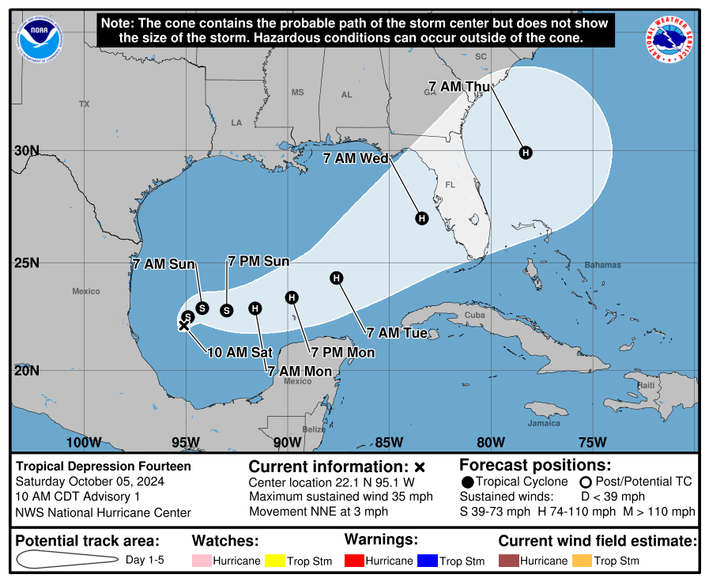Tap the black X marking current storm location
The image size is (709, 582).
[x=183, y=325]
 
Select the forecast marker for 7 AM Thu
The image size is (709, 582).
[x=526, y=153]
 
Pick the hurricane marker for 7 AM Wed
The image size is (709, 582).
[x=422, y=219]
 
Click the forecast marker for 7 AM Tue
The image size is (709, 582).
[x=337, y=278]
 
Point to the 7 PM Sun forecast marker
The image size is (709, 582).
[x=227, y=310]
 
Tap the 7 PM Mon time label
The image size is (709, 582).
[x=342, y=353]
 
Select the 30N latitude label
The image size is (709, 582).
[x=27, y=151]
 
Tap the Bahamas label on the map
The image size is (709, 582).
[x=602, y=265]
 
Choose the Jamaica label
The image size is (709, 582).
[x=544, y=423]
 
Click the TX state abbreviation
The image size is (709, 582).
[x=85, y=104]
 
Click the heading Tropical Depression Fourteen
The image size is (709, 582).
[x=104, y=467]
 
